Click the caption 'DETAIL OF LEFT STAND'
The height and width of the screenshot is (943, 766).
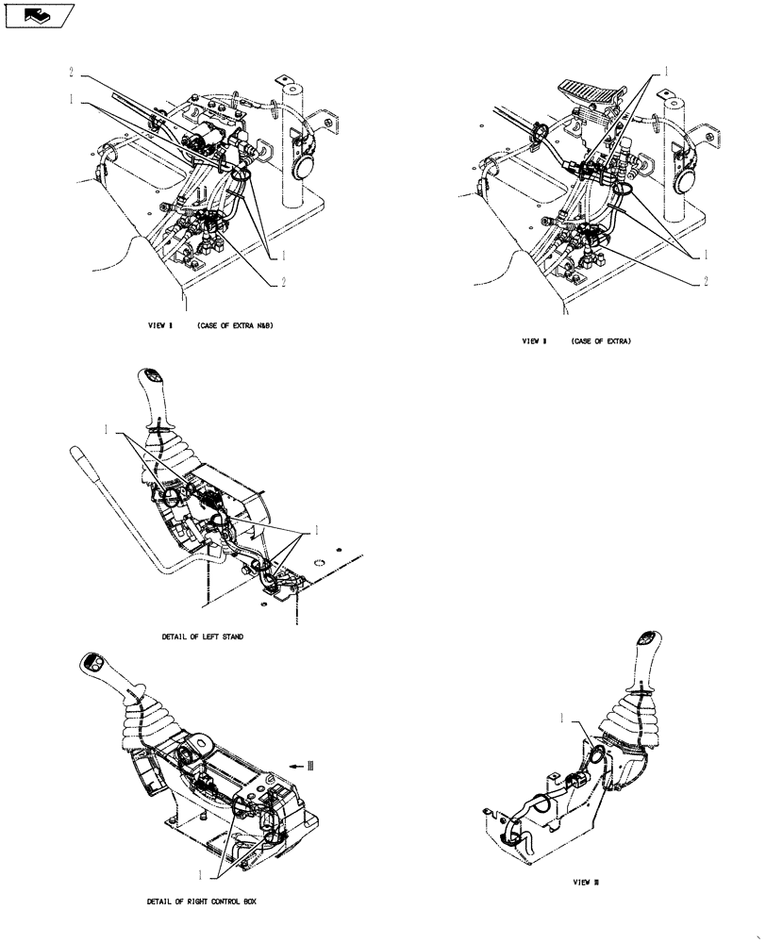click(x=202, y=637)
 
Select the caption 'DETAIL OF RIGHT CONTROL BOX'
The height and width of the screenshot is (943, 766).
click(x=201, y=902)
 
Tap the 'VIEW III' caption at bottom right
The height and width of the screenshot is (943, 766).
click(x=586, y=884)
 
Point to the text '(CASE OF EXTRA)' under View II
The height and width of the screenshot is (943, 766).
click(x=600, y=340)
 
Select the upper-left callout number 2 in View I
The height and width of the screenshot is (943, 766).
click(x=72, y=72)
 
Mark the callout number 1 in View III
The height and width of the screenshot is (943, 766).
click(x=564, y=719)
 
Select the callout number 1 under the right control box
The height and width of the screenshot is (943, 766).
click(x=200, y=872)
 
